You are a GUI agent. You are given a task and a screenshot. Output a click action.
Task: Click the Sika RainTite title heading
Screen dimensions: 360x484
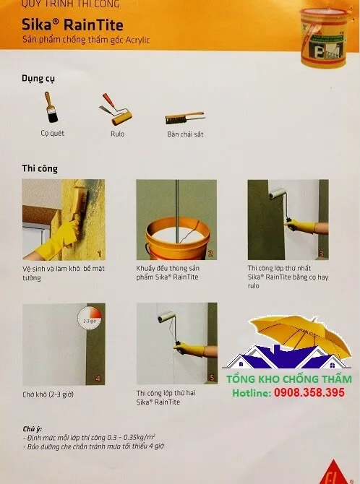pos(72,25)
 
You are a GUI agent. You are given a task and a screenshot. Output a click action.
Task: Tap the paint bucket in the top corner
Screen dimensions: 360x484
pos(325,37)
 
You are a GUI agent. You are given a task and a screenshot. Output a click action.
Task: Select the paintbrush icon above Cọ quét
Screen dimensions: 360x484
pos(51,107)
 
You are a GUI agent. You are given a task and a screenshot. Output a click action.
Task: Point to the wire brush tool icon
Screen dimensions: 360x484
pos(184,118)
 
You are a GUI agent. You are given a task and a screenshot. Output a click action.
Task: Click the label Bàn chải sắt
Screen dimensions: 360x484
pos(185,134)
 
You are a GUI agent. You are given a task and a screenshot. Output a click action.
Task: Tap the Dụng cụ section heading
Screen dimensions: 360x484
pos(38,79)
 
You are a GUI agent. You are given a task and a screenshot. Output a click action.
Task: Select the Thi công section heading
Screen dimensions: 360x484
pos(40,168)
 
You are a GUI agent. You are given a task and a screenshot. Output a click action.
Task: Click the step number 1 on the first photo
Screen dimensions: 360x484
pos(100,254)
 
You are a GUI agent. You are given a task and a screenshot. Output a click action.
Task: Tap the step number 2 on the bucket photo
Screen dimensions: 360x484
pos(210,254)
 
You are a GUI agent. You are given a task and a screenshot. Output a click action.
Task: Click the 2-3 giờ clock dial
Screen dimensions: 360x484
pos(90,319)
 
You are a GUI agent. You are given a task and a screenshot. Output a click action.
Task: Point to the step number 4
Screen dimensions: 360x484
pos(98,379)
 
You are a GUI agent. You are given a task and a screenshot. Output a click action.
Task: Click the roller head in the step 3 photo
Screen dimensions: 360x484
pos(278,194)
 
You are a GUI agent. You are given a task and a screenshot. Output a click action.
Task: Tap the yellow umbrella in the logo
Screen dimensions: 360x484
pos(300,335)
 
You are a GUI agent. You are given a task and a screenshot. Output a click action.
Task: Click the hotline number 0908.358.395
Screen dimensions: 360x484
pos(309,393)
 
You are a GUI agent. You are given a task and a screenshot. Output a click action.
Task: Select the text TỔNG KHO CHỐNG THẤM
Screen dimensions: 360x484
pos(289,379)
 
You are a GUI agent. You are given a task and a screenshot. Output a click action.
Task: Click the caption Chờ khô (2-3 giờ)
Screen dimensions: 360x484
pos(48,394)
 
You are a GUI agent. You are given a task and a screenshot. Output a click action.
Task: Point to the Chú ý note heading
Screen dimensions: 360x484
pos(32,429)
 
